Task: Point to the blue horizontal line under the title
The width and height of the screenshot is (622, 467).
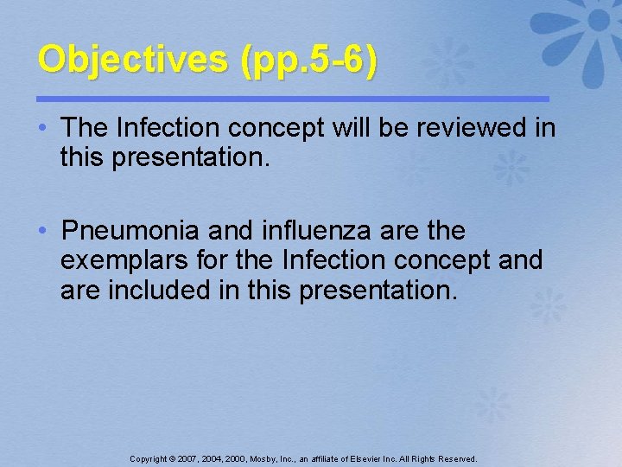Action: pyautogui.click(x=294, y=99)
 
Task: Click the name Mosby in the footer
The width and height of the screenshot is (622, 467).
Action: pyautogui.click(x=263, y=459)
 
